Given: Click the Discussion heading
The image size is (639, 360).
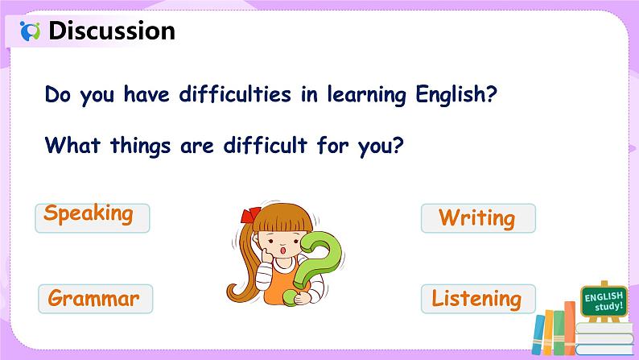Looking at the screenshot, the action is (x=112, y=31).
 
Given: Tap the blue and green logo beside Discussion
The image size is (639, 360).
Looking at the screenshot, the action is (x=30, y=31).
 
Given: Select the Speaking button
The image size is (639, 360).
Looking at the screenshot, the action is (x=93, y=217).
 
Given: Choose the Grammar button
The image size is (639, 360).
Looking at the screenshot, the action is (x=95, y=299).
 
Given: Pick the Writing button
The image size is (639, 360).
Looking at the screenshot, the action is (x=478, y=218).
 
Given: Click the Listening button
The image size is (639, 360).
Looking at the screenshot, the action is (x=478, y=299).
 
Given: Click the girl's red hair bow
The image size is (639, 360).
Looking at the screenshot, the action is (x=249, y=215).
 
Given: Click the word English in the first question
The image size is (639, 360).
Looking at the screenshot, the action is (x=456, y=95).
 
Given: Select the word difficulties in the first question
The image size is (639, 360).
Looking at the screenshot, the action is (x=235, y=94).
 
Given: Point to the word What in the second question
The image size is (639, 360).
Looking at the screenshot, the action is (x=72, y=145).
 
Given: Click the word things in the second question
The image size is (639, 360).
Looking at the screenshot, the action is (x=141, y=147).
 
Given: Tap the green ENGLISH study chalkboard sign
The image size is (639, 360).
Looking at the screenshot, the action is (x=604, y=301).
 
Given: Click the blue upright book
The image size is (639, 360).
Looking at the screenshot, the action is (x=538, y=334).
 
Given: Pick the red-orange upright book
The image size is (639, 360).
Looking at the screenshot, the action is (x=570, y=329).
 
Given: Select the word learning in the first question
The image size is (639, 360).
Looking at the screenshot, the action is (x=366, y=95).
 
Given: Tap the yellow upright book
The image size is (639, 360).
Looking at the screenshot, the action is (x=549, y=333).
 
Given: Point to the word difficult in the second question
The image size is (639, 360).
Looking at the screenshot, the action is (x=266, y=145).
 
